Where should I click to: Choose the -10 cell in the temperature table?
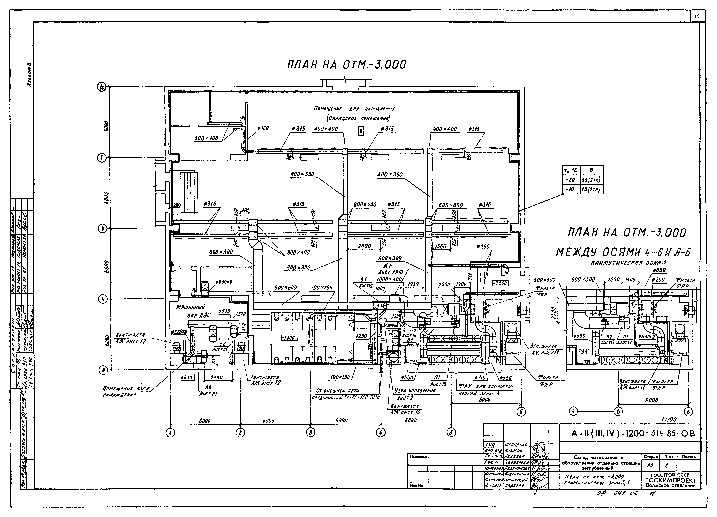(x=571, y=189)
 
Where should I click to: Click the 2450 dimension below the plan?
(x=217, y=378)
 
